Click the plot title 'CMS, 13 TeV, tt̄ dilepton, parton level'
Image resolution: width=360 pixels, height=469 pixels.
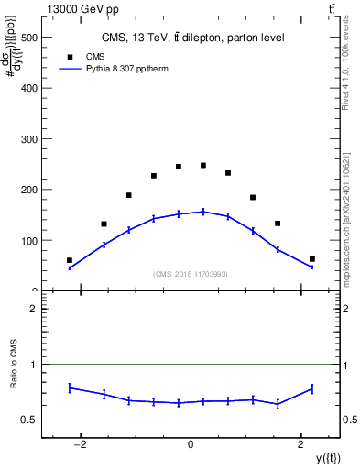[192, 38]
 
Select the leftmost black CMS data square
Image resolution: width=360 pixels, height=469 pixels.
[70, 260]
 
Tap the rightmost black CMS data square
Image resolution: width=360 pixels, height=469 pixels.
[312, 259]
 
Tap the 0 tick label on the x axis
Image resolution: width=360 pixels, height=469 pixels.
[191, 443]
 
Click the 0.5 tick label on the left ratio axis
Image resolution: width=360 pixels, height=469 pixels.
[30, 420]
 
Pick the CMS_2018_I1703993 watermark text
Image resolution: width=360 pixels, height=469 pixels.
[191, 274]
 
